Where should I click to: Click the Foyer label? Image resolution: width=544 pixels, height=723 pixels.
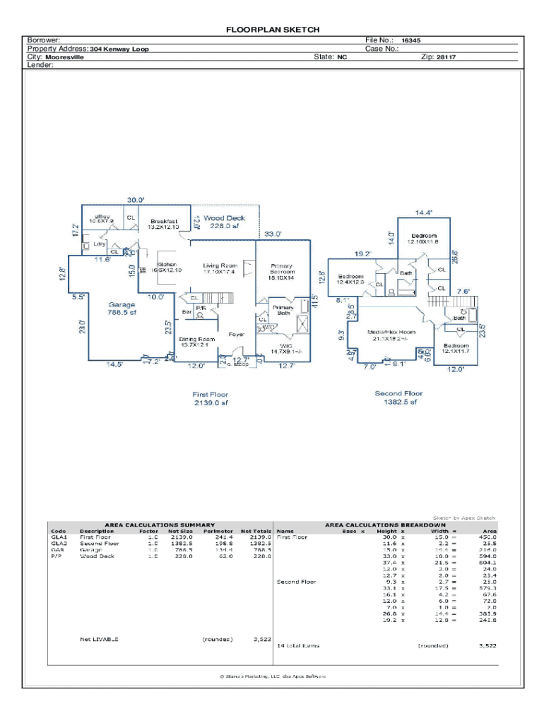click(236, 335)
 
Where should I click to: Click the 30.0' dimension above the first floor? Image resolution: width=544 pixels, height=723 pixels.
click(136, 200)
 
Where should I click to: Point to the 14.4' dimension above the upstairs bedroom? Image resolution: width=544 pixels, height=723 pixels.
click(423, 212)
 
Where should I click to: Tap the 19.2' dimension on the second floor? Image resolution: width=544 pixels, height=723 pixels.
click(362, 253)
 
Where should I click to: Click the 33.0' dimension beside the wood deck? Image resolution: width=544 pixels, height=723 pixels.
click(273, 234)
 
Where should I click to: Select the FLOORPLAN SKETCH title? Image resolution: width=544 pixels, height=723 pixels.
click(273, 30)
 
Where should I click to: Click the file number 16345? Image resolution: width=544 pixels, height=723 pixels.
click(411, 41)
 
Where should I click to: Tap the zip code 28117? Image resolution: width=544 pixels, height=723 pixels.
click(446, 57)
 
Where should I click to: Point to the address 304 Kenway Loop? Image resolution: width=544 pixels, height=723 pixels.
click(119, 49)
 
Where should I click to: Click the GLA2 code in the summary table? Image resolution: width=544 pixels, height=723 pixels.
click(59, 544)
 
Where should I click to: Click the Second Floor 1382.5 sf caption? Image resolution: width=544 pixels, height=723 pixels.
click(398, 398)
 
